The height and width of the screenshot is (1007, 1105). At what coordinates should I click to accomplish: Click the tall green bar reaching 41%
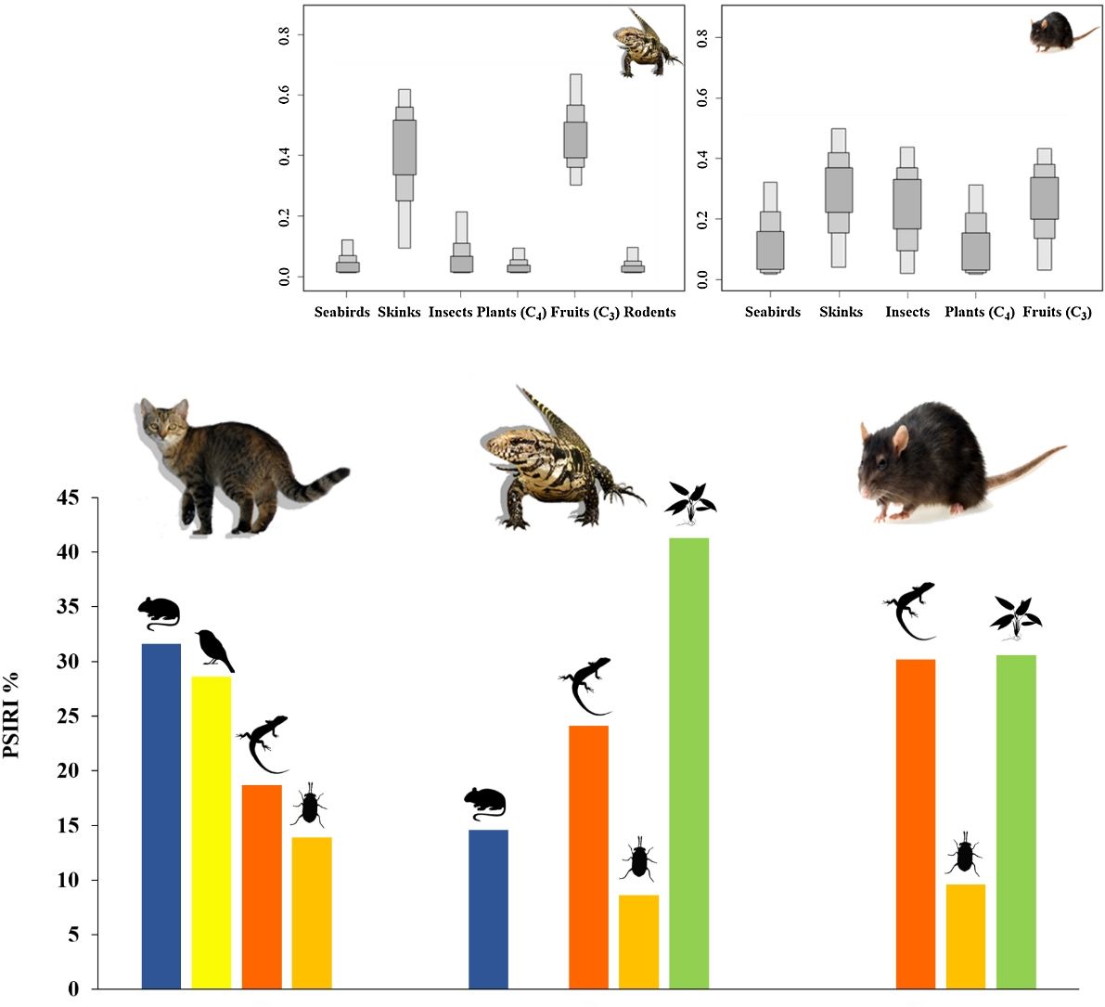[x=688, y=761]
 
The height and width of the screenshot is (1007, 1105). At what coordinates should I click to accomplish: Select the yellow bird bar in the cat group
[x=211, y=832]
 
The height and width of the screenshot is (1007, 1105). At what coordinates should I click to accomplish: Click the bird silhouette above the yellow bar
[x=214, y=651]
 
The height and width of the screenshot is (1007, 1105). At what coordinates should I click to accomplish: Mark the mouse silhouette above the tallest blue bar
[x=159, y=613]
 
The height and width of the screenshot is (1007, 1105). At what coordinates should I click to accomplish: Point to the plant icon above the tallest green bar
[x=691, y=500]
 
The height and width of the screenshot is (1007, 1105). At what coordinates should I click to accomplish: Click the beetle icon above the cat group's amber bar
[x=309, y=805]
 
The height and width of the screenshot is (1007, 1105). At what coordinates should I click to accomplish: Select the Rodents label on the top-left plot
[x=649, y=312]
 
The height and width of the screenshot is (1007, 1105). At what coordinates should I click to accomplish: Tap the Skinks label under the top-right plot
[x=841, y=312]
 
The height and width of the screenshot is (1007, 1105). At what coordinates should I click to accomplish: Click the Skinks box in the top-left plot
[x=404, y=148]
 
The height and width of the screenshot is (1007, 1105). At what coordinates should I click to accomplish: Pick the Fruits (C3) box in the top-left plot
[x=575, y=139]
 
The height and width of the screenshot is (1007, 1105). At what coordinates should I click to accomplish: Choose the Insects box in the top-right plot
[x=906, y=204]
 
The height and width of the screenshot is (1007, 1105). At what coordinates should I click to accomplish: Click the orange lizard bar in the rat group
[x=915, y=822]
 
